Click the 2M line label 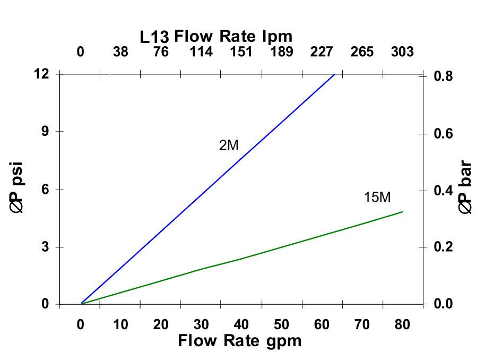(x=229, y=145)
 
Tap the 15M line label (x=377, y=198)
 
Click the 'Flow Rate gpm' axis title (x=239, y=340)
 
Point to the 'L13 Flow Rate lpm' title (x=216, y=37)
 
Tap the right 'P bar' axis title (x=466, y=188)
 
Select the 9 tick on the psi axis (x=45, y=132)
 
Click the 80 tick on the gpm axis (x=402, y=324)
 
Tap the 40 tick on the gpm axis (x=241, y=324)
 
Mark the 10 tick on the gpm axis (x=120, y=324)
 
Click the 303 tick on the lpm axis (x=402, y=52)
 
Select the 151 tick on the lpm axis (x=241, y=52)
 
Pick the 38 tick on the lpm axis (x=120, y=52)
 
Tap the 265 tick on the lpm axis (x=362, y=52)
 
